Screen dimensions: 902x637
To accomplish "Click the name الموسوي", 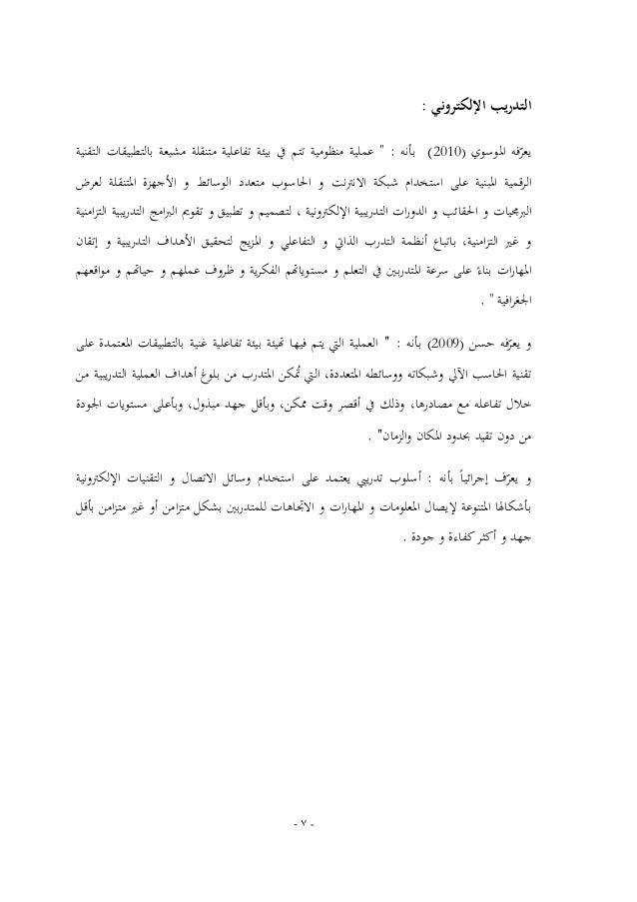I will pos(498,155).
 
